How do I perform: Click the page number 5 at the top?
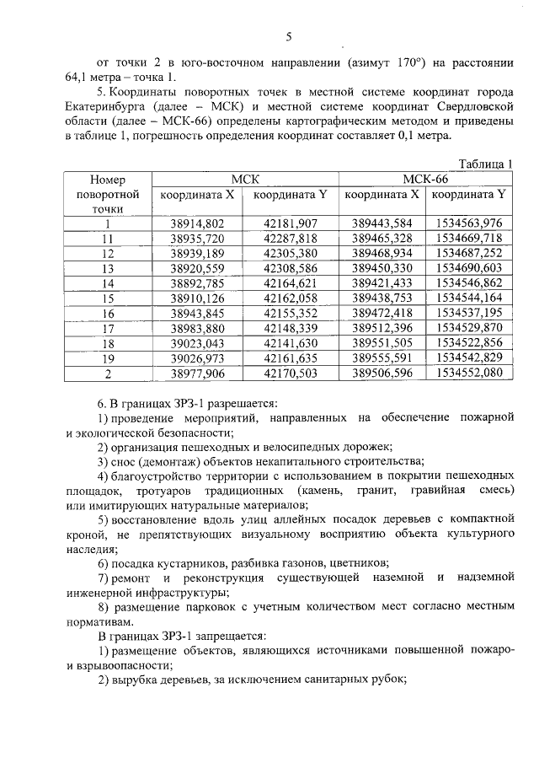click(x=288, y=36)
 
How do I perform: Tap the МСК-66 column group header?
click(x=426, y=179)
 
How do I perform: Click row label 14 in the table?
click(x=108, y=283)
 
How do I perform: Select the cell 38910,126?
click(x=196, y=298)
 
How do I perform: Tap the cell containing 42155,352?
click(x=290, y=314)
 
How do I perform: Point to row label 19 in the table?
click(x=108, y=358)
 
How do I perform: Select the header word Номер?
click(x=108, y=180)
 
